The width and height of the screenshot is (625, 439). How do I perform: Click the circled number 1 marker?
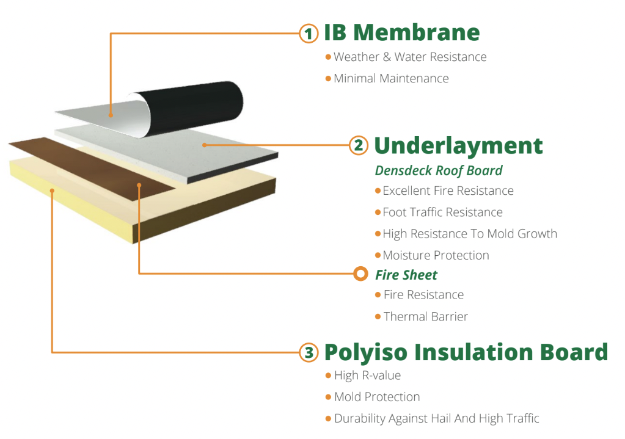(x=309, y=34)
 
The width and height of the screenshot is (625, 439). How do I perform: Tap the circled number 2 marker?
(x=359, y=145)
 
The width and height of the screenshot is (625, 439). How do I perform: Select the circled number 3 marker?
(x=309, y=352)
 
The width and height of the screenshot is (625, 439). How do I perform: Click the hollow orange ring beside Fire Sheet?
(x=360, y=274)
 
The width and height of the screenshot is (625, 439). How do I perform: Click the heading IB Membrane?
(x=402, y=32)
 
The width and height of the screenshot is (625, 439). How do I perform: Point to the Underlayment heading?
(x=458, y=146)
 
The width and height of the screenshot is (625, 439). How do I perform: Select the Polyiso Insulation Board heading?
(x=466, y=352)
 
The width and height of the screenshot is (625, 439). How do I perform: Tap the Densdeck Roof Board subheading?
(x=439, y=170)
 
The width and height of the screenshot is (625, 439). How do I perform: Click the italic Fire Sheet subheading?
(x=406, y=275)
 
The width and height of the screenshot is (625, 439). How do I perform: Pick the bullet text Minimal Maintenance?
(x=391, y=79)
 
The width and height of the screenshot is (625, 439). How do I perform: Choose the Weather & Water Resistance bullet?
(x=410, y=57)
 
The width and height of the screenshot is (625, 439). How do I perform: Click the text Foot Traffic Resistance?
(x=442, y=212)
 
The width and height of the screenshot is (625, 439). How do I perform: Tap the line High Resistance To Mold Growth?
(x=470, y=234)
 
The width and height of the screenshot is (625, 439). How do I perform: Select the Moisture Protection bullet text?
(x=436, y=255)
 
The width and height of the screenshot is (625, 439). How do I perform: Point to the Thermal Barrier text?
(x=426, y=317)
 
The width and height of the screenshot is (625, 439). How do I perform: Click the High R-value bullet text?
(x=368, y=376)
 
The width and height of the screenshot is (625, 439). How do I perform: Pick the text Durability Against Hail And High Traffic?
(x=436, y=419)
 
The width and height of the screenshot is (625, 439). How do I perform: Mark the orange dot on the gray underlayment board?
(x=204, y=145)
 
